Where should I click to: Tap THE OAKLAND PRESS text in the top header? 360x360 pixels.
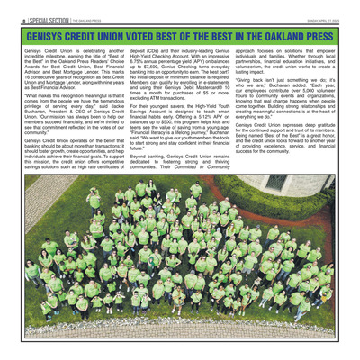tap(86, 21)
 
